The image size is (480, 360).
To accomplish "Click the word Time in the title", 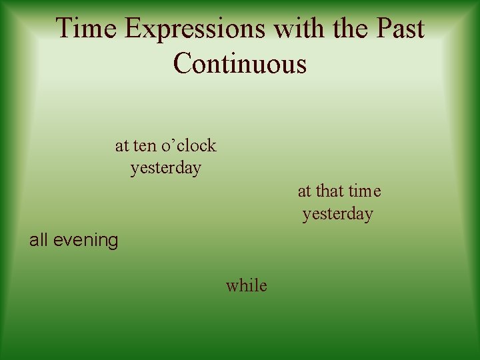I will pos(87,29).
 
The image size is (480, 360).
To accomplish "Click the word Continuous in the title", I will pos(240,64).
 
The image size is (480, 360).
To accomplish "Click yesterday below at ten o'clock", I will pos(165,168).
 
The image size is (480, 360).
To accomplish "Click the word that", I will pos(329,191).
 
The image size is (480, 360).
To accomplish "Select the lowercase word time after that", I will pos(365,191).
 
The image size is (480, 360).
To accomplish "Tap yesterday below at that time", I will pos(337,214).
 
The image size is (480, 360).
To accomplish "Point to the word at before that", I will pos(304,191).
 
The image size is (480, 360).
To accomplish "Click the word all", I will pos(38,240).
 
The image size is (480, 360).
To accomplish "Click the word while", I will pos(246,286).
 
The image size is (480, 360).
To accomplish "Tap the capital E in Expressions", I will pos(132,29).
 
